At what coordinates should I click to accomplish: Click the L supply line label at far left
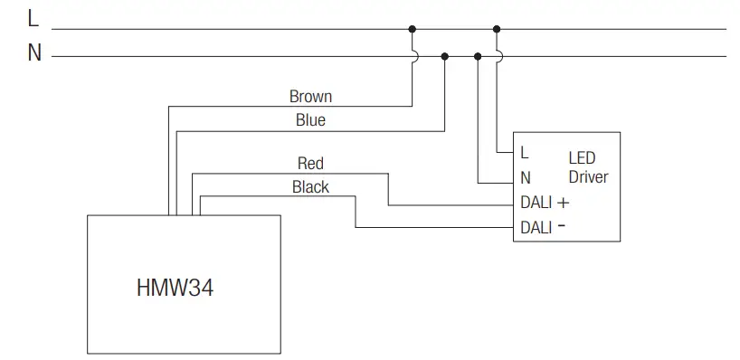33,19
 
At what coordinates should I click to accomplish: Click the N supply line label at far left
34,53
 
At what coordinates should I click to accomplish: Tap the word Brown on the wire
310,96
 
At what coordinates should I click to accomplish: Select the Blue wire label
310,119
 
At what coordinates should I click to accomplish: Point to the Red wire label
310,164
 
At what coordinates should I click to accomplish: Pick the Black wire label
310,187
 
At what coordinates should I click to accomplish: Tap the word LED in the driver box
582,158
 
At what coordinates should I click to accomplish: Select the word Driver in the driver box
588,177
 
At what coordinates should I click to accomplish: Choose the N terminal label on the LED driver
526,178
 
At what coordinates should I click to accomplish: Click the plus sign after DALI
564,203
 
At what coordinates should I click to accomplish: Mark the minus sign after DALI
562,227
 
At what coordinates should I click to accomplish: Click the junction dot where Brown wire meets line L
413,29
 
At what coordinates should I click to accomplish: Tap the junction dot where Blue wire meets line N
444,56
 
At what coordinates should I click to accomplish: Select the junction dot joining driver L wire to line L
497,29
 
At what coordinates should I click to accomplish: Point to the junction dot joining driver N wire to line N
478,56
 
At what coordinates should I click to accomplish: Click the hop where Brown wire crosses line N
413,56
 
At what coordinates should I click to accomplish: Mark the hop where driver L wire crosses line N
498,56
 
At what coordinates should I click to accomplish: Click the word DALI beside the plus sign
536,204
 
